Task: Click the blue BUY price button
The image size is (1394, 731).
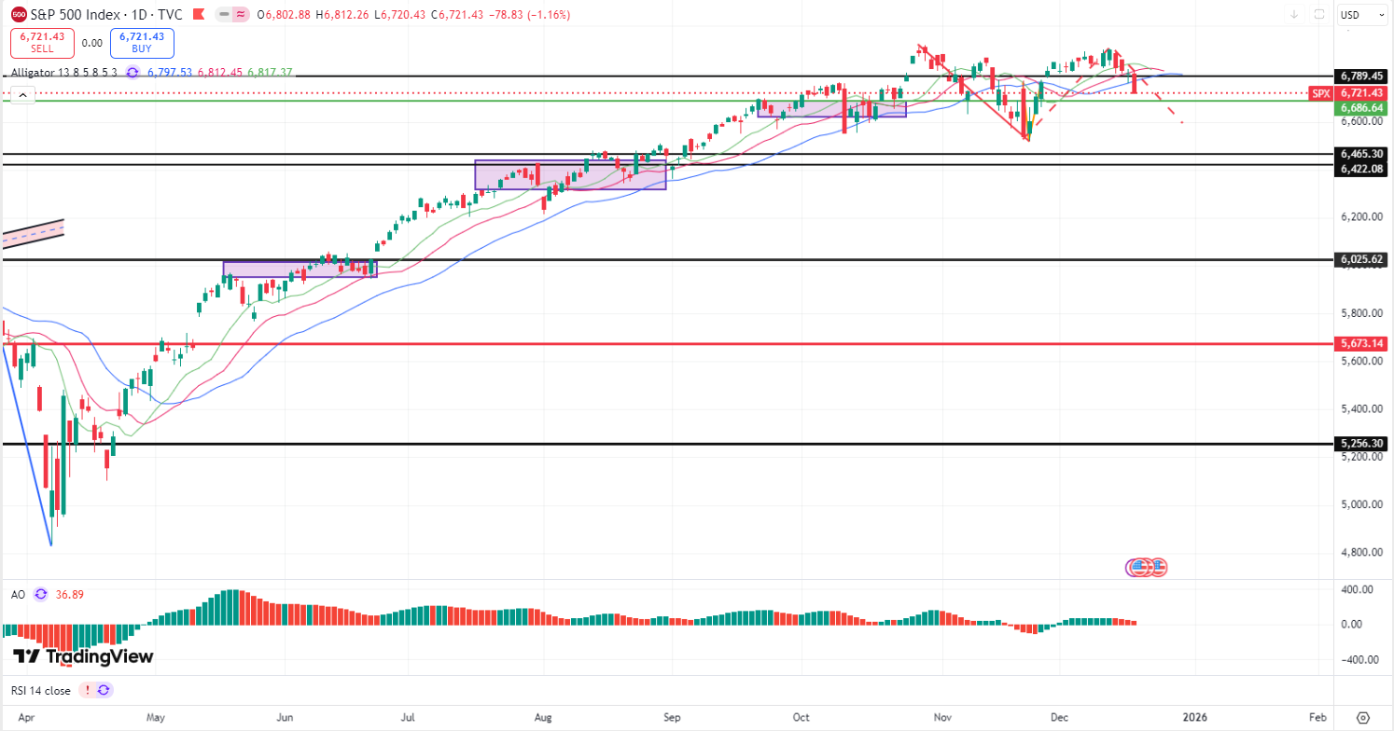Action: point(143,43)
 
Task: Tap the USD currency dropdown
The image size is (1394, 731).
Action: point(1361,15)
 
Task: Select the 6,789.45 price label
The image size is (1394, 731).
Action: point(1360,76)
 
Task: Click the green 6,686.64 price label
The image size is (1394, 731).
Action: point(1360,108)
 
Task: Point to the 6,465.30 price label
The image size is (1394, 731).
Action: point(1360,154)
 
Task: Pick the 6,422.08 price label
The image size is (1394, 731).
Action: point(1360,168)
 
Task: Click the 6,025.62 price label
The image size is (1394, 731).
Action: point(1360,260)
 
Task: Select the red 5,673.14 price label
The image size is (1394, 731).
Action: point(1360,343)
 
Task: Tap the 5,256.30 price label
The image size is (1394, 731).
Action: point(1360,444)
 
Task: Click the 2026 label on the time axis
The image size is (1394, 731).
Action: point(1195,717)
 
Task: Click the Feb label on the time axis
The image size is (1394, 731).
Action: point(1317,717)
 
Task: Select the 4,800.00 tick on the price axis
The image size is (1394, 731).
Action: point(1360,552)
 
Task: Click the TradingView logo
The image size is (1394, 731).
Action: point(83,656)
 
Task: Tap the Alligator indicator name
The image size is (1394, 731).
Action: point(63,72)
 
